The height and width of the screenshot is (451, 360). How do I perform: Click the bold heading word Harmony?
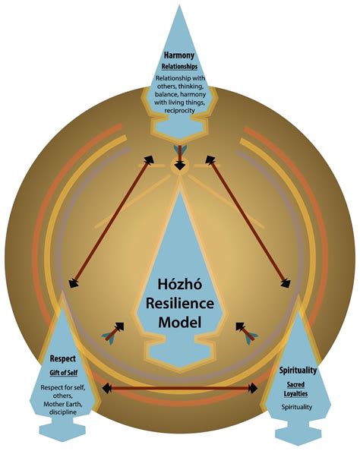[179, 55]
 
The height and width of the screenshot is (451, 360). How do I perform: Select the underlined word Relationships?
[179, 67]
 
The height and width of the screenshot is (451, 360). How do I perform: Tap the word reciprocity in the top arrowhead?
[179, 110]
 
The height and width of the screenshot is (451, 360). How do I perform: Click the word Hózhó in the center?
[180, 284]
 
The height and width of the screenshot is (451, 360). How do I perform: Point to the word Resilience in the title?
[180, 303]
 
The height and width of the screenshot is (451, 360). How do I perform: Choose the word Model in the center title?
[180, 322]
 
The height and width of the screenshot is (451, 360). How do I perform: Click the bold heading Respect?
[63, 358]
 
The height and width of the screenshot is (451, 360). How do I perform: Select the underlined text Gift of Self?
[63, 373]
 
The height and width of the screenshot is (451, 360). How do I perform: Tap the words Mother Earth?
[63, 404]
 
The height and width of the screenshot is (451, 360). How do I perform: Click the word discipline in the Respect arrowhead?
[63, 412]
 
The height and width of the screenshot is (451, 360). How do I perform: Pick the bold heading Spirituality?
[298, 371]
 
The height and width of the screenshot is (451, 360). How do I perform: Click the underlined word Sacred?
[295, 384]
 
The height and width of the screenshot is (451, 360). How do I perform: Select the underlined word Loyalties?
[295, 393]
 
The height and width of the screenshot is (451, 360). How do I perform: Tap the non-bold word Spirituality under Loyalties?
[297, 407]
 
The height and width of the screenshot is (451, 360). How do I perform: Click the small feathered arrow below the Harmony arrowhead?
[180, 157]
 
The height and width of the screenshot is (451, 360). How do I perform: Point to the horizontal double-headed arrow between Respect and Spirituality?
[180, 388]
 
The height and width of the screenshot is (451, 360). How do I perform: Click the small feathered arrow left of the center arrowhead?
[113, 332]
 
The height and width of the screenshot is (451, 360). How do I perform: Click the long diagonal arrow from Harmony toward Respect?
[112, 221]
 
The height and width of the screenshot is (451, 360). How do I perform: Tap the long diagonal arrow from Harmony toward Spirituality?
[248, 222]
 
